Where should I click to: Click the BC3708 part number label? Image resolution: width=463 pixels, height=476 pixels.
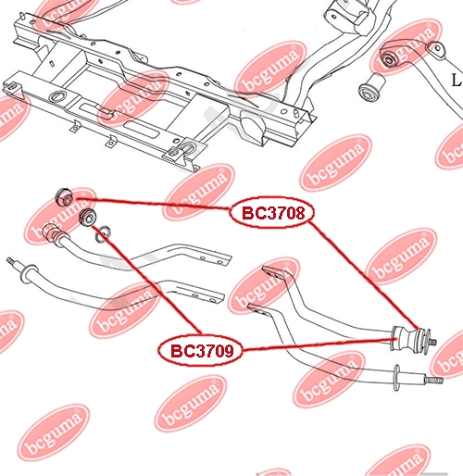coord(273,213)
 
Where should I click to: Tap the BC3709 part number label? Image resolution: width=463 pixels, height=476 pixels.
coord(202,351)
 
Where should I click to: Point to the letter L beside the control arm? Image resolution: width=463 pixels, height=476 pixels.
coord(457,81)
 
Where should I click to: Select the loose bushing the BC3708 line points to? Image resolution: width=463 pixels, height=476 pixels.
coord(64,196)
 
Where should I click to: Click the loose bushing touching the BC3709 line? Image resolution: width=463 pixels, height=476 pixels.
coord(88,218)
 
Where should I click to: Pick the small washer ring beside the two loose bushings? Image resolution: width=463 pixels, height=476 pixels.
coord(103,234)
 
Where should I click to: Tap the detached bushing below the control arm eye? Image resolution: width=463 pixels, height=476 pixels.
coord(372,87)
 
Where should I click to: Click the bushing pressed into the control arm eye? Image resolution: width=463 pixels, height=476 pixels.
coord(389,58)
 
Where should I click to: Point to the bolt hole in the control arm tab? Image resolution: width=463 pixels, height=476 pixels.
coord(438,48)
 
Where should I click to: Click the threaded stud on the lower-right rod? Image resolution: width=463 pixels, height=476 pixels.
coord(433,380)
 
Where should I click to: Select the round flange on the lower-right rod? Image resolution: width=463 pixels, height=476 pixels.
coord(396,377)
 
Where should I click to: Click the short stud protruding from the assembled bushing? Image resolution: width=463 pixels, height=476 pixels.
coord(432,342)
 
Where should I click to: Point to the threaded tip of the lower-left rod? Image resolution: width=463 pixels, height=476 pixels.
coord(12,261)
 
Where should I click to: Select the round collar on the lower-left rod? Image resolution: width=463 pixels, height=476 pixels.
coord(28,272)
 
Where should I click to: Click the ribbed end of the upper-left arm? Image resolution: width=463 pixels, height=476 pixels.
coord(51,233)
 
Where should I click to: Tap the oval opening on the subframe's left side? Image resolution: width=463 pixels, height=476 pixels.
coord(57,95)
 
